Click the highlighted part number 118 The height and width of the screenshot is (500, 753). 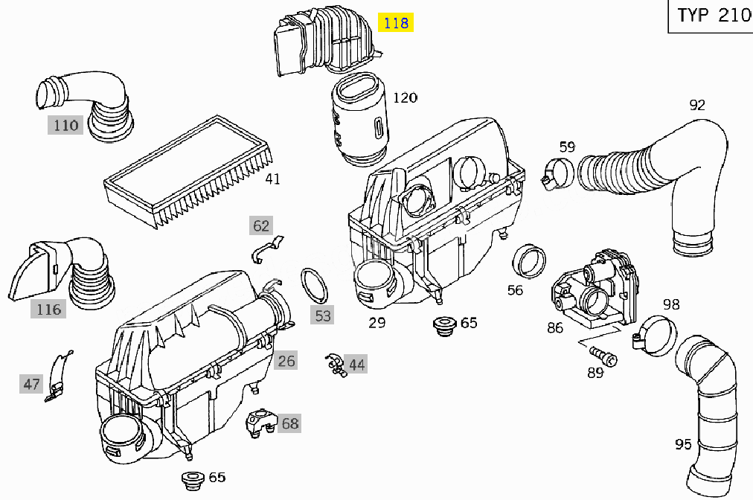(394, 23)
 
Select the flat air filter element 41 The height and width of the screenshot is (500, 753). (189, 170)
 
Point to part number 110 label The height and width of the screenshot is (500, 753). (65, 125)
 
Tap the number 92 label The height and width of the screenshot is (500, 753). (696, 105)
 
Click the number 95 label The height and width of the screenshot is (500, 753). (683, 444)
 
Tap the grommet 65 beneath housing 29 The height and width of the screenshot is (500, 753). (445, 325)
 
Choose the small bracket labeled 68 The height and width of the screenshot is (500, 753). (259, 421)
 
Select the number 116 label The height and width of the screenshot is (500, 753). (49, 309)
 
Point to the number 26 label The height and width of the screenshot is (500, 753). (286, 362)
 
